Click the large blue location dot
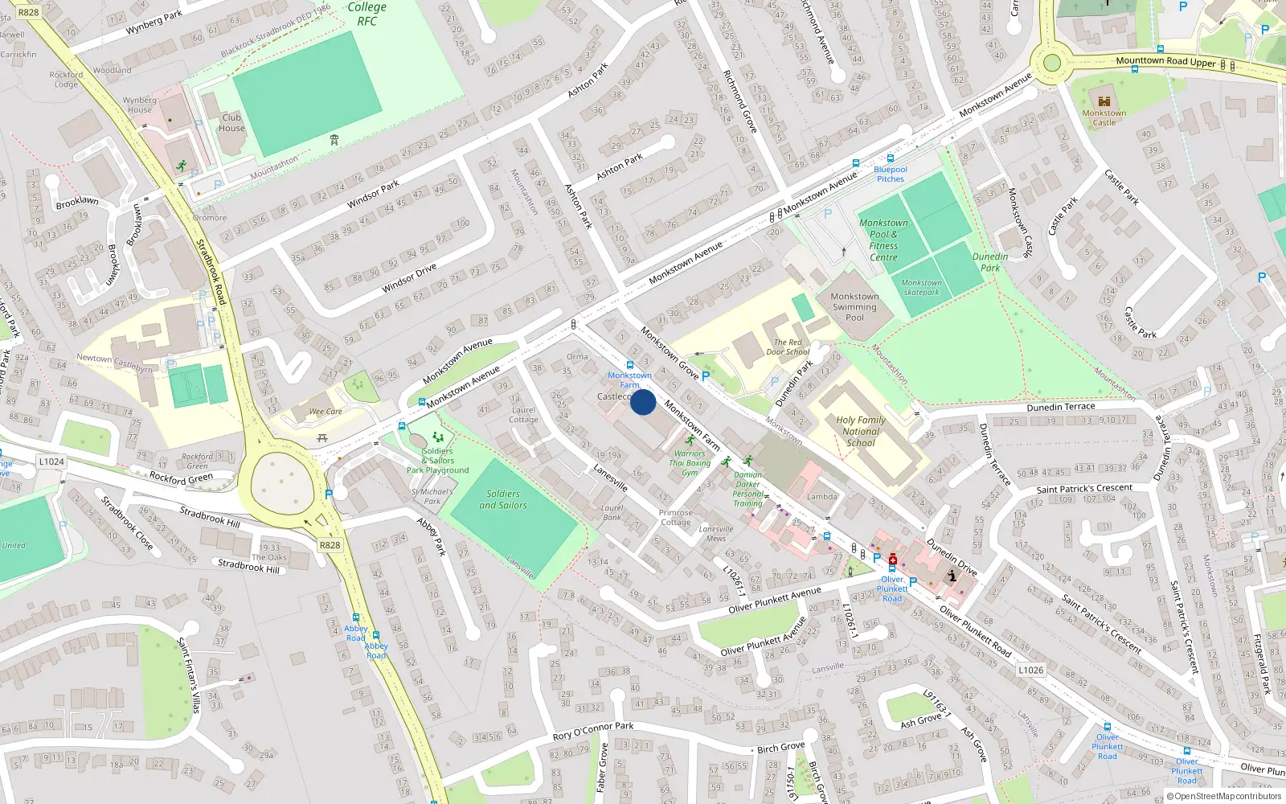pos(643,402)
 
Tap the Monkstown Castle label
pos(1104,118)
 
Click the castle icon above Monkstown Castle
pos(1104,101)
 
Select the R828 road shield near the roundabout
pos(330,545)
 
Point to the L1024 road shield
pos(51,461)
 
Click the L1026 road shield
pos(1030,670)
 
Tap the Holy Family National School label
pos(860,432)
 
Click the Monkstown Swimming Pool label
pos(854,306)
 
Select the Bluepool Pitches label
pos(890,174)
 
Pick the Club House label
pos(231,122)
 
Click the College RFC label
pos(367,14)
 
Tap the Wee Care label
pos(326,412)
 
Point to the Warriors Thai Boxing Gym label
pos(690,463)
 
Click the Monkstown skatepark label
pos(921,288)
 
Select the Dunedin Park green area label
pos(989,262)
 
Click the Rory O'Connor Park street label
pos(593,731)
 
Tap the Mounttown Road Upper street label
pos(1165,62)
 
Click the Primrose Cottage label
pos(675,517)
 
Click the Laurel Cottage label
pos(523,415)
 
